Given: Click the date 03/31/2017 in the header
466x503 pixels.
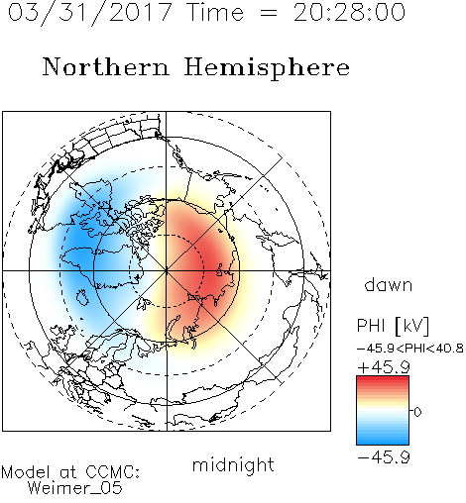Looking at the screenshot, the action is coord(90,13).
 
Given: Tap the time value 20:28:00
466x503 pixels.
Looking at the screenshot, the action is coord(349,12).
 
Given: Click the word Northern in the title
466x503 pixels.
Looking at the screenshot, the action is coord(106,66).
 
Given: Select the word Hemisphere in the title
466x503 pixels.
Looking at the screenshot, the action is coord(267,67).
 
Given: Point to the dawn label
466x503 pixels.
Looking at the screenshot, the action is coord(389,284).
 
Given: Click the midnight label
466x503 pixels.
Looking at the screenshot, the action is coord(233,464).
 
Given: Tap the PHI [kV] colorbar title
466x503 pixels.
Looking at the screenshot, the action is coord(393,326).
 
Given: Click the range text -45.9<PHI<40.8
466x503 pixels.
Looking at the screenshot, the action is coord(409,349).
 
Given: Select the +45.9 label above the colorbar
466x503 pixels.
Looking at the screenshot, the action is coord(384,367).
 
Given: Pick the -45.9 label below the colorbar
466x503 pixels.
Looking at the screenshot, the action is coord(384,457).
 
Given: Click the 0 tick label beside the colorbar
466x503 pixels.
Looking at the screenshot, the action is coord(417,412).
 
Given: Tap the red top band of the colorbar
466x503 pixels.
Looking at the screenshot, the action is coord(383,382).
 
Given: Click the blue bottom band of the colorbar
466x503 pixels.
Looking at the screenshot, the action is coord(383,439).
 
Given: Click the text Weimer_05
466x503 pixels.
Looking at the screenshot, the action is coord(75,487).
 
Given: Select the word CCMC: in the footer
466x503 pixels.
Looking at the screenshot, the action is coord(113,471).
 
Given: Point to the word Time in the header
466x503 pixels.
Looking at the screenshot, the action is coord(215,12).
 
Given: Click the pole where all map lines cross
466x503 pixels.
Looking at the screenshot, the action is coord(167,270).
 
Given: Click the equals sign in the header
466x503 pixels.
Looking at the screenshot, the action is coord(268,14).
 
